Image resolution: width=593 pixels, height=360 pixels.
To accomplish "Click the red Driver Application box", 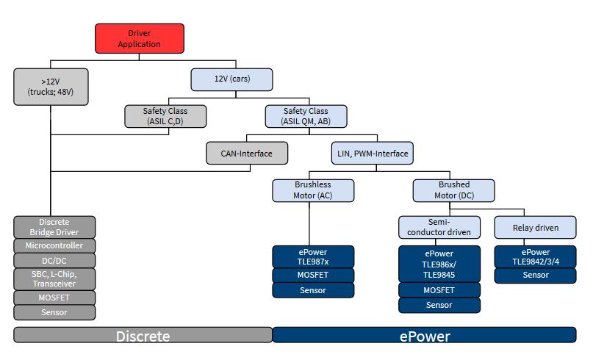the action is (140, 38).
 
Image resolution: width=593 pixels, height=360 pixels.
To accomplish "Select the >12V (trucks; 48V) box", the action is (51, 87).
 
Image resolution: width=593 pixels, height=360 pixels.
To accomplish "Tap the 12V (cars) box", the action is (231, 79).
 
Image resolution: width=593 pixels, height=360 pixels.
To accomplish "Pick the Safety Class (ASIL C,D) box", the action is (165, 116).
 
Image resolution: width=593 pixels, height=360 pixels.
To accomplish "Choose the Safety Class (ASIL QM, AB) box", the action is (306, 116).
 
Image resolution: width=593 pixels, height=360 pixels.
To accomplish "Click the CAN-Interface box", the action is (247, 153).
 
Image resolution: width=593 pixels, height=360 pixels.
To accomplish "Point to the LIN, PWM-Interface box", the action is (373, 153).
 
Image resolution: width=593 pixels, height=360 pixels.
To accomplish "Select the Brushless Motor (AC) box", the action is (313, 190).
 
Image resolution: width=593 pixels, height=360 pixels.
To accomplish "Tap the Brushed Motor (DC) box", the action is (454, 190).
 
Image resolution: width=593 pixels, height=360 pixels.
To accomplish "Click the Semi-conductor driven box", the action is (439, 227).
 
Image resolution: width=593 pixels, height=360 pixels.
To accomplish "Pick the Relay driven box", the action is (536, 227).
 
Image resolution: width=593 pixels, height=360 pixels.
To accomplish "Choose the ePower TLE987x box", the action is (313, 256).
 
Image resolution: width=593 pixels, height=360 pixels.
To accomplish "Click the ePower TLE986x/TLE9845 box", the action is (439, 264).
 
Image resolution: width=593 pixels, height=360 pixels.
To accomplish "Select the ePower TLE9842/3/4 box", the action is (536, 256).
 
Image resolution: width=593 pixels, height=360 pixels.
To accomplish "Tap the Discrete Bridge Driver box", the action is (54, 227).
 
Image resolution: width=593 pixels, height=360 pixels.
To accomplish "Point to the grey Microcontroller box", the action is (54, 246).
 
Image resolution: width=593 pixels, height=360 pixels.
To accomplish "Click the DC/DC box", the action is (54, 261).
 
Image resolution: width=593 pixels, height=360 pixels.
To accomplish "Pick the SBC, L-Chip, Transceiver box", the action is (54, 279).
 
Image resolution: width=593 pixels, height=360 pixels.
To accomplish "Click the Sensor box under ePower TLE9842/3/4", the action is (536, 276).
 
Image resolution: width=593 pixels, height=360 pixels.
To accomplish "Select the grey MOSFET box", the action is (54, 298).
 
